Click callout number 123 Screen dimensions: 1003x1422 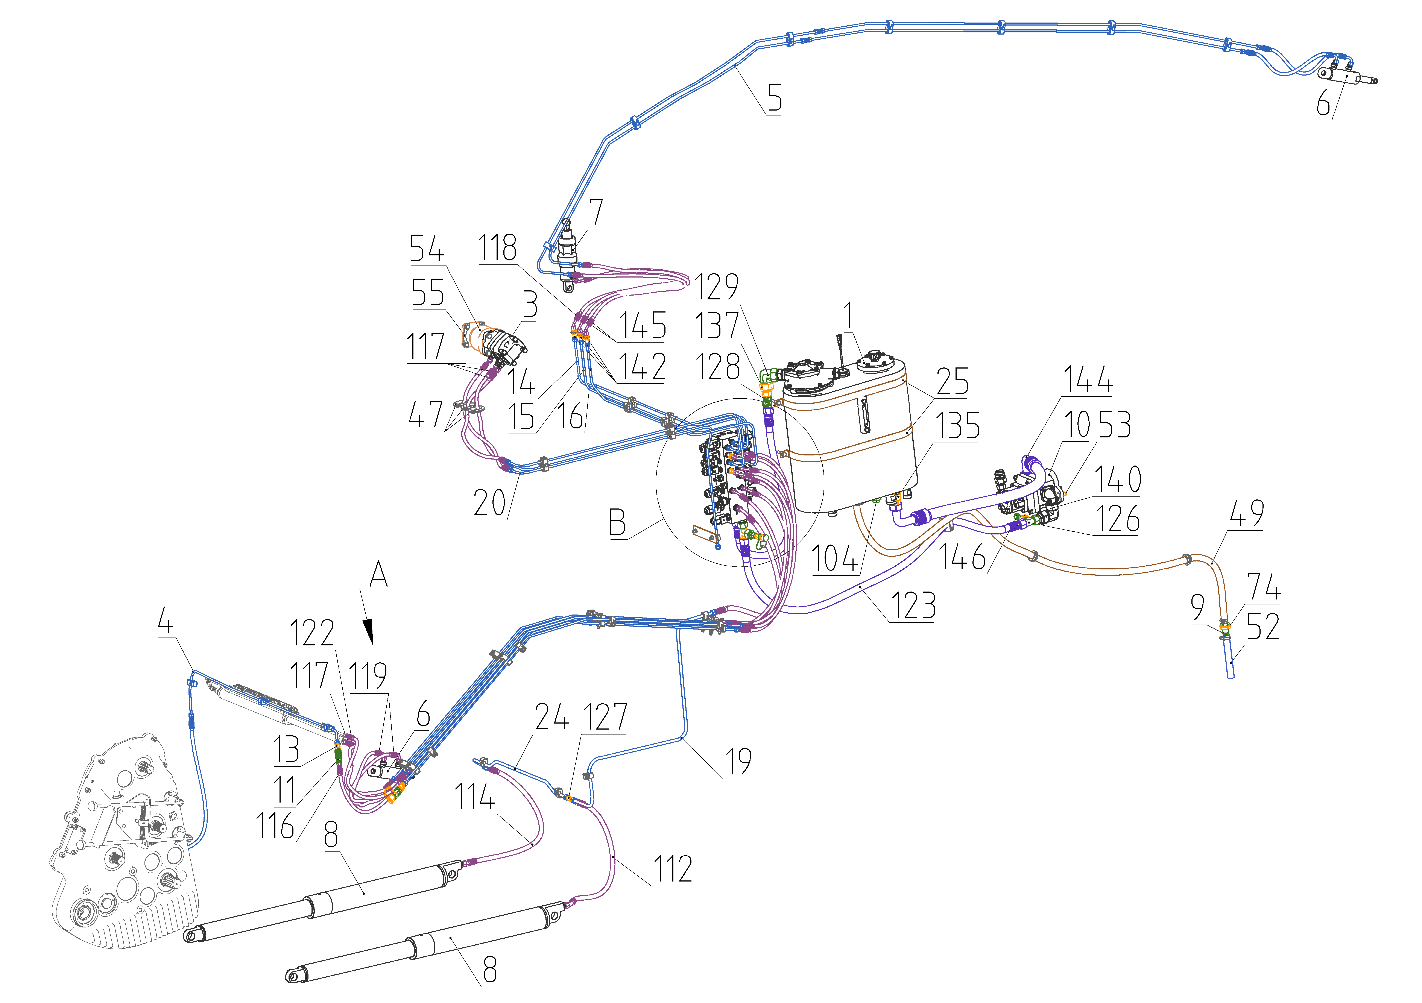[x=913, y=605]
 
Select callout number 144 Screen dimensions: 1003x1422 [x=1088, y=379]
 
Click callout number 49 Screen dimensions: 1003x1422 [x=1246, y=513]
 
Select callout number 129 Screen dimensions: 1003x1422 [x=717, y=287]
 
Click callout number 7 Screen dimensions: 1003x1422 [x=596, y=212]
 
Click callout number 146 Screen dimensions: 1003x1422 [x=962, y=557]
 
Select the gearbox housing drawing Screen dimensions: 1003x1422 [x=124, y=842]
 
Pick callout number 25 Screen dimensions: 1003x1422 [x=952, y=381]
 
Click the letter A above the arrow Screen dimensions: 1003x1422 [x=378, y=575]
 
